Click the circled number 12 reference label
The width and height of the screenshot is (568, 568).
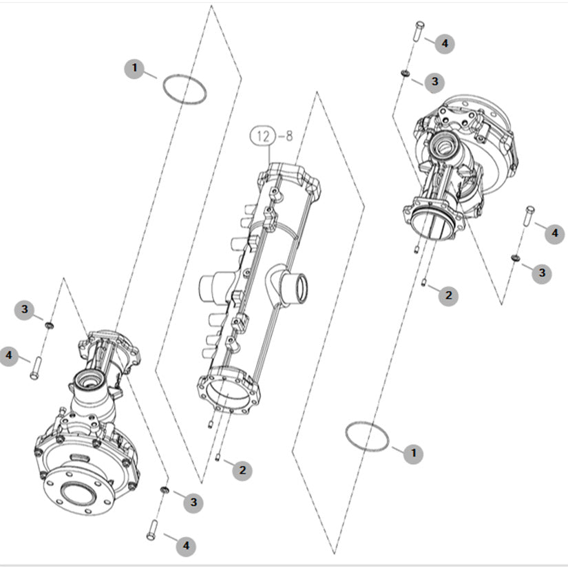coord(263,136)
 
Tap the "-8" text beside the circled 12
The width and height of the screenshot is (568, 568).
coord(286,136)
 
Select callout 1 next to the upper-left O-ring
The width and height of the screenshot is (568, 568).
coord(135,68)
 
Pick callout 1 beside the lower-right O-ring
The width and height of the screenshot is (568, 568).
coord(413,453)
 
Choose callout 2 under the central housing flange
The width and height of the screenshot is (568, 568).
coord(242,470)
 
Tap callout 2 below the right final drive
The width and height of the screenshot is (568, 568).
coord(448,295)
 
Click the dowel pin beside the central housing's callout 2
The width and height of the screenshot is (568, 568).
coord(218,458)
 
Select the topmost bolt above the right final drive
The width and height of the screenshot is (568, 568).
coord(419,31)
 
